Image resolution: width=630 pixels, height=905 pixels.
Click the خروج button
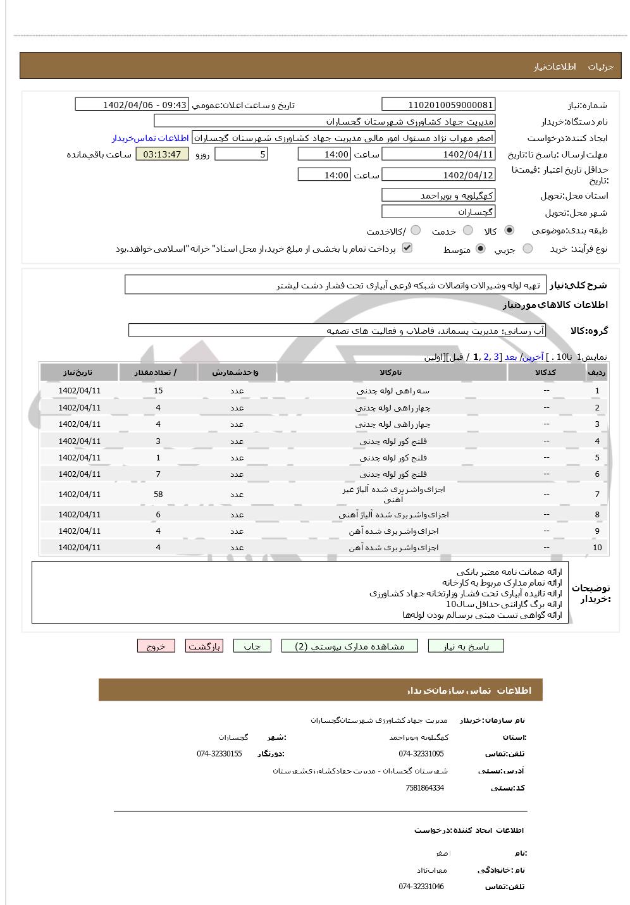point(156,646)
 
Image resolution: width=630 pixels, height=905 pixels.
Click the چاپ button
point(252,646)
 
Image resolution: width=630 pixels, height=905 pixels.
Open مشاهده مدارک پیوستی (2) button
point(350,646)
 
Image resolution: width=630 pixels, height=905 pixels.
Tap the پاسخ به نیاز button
point(466,646)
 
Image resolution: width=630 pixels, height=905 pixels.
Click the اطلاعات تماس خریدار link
point(151,138)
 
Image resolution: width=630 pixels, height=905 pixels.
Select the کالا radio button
point(509,231)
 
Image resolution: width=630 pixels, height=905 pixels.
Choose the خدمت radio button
point(468,231)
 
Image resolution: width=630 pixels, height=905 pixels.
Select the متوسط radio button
point(481,249)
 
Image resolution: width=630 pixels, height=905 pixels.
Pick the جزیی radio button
point(528,249)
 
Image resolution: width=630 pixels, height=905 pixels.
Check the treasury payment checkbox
point(407,248)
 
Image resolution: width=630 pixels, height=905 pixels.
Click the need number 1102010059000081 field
point(438,105)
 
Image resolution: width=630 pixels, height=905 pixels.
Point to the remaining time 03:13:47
point(162,154)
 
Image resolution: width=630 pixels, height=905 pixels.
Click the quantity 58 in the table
point(158,494)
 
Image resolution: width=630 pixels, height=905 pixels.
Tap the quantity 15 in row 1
point(158,391)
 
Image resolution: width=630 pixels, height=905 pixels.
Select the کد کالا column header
point(546,372)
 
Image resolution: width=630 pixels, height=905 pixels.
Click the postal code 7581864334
point(424,788)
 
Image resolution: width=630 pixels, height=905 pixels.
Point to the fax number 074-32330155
point(219,754)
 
